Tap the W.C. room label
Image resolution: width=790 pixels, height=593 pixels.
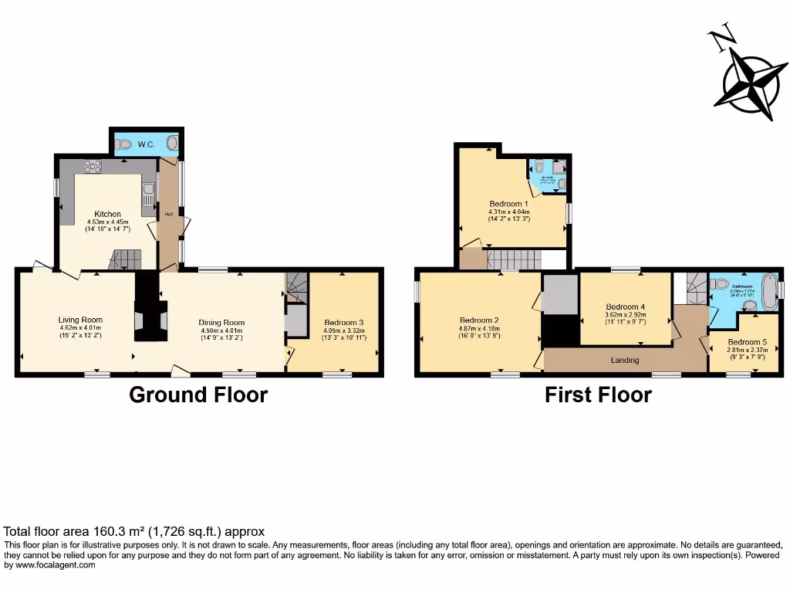pos(147,144)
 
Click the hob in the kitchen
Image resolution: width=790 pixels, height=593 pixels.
pos(93,165)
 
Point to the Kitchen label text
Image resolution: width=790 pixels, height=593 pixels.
pos(107,214)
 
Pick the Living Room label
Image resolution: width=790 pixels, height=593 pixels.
pos(80,320)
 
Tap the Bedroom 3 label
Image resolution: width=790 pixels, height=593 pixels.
pos(344,323)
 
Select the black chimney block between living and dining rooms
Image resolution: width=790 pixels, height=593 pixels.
pos(150,309)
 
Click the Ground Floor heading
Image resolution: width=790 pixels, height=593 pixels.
pos(198,395)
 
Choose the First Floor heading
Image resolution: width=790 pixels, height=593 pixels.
pos(598,395)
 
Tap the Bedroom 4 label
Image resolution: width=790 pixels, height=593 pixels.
pos(625,307)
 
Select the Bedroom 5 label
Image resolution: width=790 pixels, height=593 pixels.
pos(746,342)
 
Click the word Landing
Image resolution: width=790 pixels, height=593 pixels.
pos(624,361)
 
